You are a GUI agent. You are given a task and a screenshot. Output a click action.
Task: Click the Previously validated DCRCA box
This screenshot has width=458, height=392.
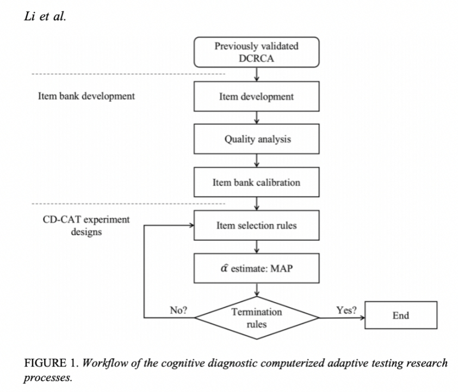coord(256,52)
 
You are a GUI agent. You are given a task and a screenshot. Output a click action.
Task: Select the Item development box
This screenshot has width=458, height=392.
coord(256,96)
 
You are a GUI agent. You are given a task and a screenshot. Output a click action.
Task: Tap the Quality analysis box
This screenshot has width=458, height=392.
coord(256,139)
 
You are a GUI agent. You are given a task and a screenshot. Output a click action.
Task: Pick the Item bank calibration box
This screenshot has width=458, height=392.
coord(256,182)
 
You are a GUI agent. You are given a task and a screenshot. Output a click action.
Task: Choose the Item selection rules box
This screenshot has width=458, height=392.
coord(256,225)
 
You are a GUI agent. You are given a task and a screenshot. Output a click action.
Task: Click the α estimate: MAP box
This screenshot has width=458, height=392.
coord(256,268)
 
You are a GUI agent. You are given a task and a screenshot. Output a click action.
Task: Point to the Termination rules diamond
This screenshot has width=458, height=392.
coord(256,318)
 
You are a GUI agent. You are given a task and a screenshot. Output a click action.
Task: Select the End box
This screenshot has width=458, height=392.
coord(401,315)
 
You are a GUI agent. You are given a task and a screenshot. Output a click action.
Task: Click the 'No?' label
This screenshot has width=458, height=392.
coord(178,310)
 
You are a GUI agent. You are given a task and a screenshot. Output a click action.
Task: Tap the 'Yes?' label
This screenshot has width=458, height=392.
coord(346,310)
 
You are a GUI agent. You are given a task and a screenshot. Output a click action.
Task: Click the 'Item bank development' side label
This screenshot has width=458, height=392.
coord(86,96)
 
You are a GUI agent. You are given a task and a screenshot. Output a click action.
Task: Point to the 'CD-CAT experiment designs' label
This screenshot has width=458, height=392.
coord(86,225)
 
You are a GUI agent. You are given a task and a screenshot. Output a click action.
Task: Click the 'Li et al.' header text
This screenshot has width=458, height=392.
coord(45,16)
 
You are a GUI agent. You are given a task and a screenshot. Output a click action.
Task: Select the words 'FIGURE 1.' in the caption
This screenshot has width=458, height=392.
coord(52,363)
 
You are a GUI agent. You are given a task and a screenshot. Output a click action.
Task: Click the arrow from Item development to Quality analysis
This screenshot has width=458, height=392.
coord(256,118)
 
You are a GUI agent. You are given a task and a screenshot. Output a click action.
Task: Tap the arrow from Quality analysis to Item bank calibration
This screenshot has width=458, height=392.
coord(256,161)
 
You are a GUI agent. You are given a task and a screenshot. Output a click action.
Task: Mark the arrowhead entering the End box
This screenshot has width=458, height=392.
coord(362,318)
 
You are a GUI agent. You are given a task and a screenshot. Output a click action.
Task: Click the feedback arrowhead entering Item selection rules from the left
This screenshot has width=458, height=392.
coord(191,225)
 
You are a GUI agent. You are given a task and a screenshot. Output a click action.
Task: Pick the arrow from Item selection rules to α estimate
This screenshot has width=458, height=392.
coord(256,247)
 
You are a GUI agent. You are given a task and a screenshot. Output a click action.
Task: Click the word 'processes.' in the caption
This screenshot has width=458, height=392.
coord(48,378)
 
